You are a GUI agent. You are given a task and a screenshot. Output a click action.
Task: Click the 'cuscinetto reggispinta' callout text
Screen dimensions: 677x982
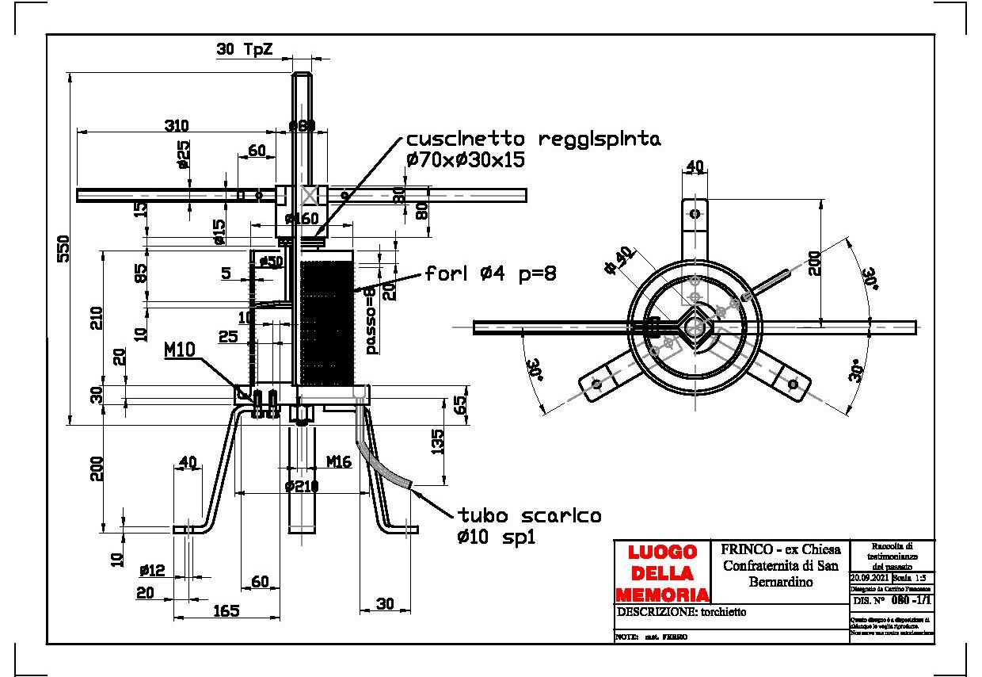coord(533,140)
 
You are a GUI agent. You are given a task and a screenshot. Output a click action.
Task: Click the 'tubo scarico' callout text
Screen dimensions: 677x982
coord(528,515)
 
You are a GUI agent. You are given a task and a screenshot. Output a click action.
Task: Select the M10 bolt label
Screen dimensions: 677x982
coord(180,350)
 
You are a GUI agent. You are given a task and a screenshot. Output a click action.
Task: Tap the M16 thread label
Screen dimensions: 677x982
coord(338,461)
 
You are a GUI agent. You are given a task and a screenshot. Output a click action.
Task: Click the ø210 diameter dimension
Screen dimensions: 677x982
coord(302,485)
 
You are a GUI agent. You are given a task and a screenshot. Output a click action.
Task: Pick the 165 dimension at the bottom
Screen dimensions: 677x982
coord(226,610)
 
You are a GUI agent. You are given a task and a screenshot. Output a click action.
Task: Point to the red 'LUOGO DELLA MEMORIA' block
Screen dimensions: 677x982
coord(662,572)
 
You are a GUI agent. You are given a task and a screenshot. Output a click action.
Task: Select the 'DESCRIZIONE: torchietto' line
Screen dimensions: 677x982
coord(681,612)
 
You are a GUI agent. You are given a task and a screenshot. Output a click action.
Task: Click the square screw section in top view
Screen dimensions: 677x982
coord(695,327)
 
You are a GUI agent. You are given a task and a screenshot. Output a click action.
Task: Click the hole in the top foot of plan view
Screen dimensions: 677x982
coord(695,213)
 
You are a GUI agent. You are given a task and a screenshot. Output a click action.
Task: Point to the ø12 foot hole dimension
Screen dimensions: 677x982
coord(151,571)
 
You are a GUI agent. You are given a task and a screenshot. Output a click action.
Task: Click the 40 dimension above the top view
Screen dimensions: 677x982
coord(695,166)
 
